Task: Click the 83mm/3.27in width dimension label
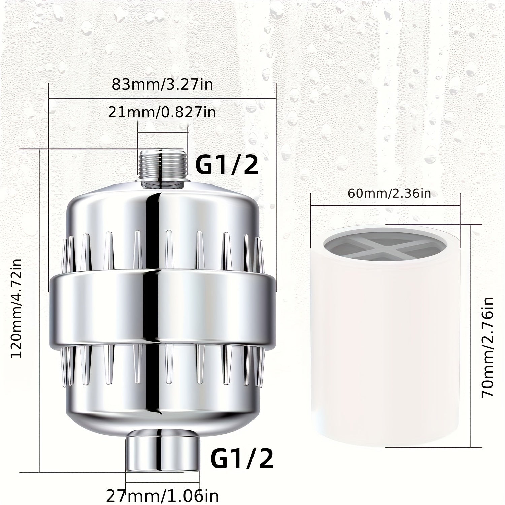tap(162, 84)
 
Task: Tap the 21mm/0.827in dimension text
tap(162, 112)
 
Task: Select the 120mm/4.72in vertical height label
tap(16, 308)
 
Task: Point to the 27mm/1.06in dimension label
tap(163, 496)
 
